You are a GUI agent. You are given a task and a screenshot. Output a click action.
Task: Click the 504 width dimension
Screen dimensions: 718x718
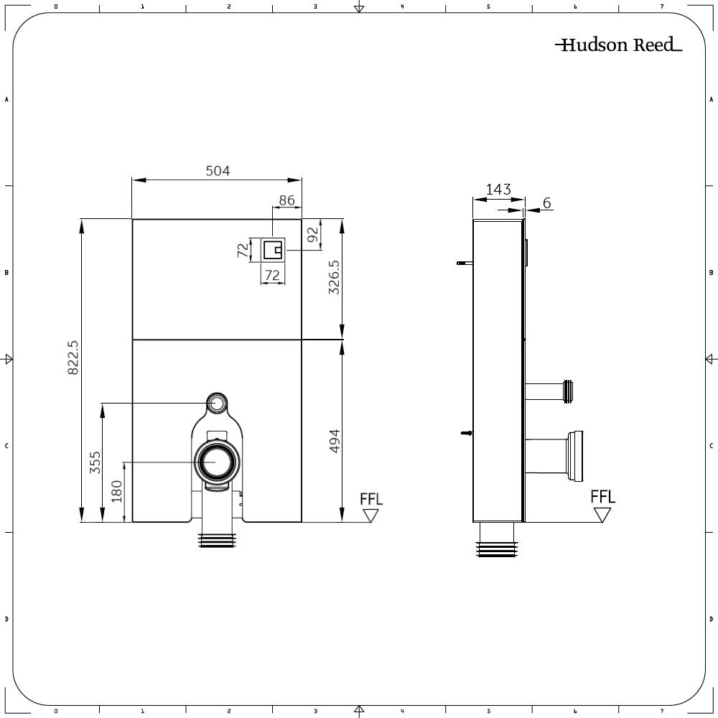(x=218, y=171)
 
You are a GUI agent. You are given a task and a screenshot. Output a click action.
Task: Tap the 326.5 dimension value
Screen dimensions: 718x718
(x=334, y=280)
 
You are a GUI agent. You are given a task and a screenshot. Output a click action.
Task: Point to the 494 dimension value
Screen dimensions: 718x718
(x=334, y=441)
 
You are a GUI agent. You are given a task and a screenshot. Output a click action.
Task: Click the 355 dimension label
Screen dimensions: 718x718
(x=95, y=462)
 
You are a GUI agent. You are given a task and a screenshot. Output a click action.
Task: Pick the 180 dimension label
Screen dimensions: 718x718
(x=116, y=491)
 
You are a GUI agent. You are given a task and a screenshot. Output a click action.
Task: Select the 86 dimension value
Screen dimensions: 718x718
(x=286, y=200)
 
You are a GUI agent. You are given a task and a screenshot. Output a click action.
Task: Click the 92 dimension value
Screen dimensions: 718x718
(x=312, y=234)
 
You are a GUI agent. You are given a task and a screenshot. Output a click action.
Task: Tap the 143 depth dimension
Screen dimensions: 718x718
(x=498, y=190)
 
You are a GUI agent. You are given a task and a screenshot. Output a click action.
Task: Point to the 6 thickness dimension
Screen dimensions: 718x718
(x=546, y=203)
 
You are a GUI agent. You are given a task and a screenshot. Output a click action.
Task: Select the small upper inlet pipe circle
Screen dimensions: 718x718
(x=217, y=402)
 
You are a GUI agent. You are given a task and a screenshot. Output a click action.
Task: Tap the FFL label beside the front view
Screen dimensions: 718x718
(x=371, y=499)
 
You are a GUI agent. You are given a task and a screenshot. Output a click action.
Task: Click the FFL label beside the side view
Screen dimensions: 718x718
(x=602, y=497)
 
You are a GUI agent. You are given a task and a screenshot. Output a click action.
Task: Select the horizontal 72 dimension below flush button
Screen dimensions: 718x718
(x=272, y=275)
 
